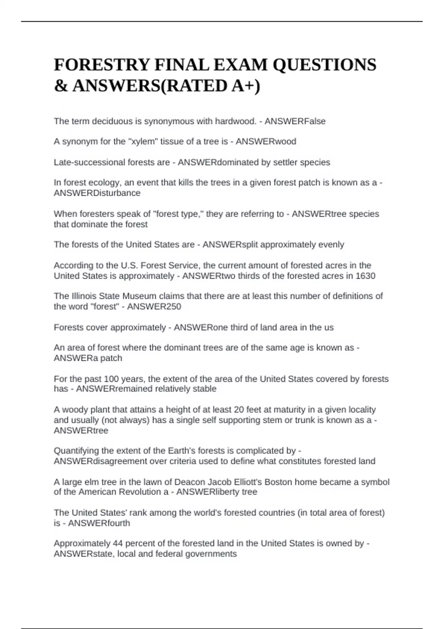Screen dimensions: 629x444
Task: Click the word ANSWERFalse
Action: click(x=295, y=121)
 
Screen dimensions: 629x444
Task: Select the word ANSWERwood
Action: click(x=266, y=142)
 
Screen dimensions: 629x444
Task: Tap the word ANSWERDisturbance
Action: click(x=97, y=193)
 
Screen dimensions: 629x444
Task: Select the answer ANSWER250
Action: click(x=154, y=307)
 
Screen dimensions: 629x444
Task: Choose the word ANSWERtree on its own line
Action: click(x=81, y=431)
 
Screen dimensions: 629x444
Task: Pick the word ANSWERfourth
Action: click(x=99, y=523)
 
